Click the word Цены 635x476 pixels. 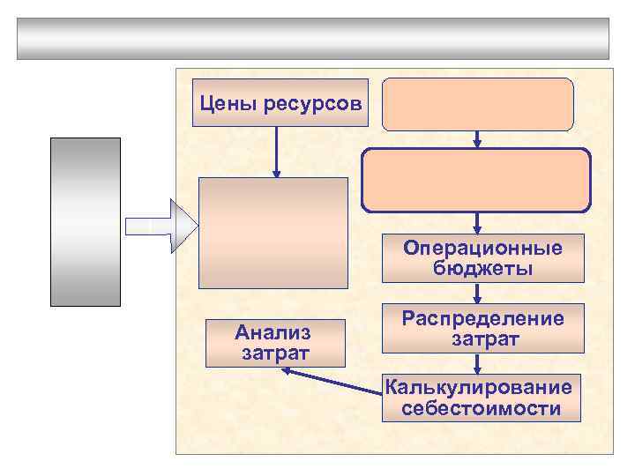[x=223, y=104]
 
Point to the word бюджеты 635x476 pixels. [x=482, y=268]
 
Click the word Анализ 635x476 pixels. [x=273, y=333]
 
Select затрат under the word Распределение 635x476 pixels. [x=482, y=338]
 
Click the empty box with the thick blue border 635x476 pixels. [x=476, y=179]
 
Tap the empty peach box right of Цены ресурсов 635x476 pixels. [x=477, y=103]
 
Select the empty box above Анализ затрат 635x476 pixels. [x=273, y=233]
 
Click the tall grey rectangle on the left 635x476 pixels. [x=85, y=221]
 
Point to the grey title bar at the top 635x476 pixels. [x=312, y=38]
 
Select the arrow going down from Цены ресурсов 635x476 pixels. [x=277, y=152]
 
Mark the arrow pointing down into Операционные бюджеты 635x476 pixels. [x=477, y=222]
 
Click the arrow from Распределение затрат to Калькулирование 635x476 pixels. [x=477, y=363]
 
